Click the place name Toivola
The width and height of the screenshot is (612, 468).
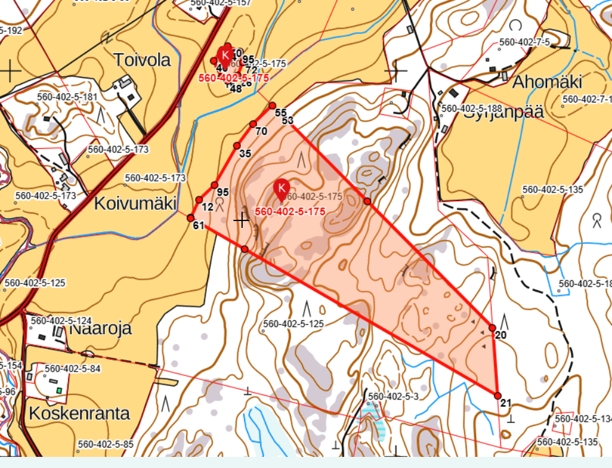tap(142, 60)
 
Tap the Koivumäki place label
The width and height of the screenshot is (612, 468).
tap(135, 203)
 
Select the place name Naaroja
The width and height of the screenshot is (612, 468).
tap(100, 328)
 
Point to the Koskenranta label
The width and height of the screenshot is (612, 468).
tap(79, 412)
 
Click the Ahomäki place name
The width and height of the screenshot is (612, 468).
tap(548, 81)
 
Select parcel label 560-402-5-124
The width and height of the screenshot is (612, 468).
tap(61, 321)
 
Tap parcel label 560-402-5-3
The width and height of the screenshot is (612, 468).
tap(393, 396)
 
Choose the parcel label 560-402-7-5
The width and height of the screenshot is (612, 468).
tap(524, 42)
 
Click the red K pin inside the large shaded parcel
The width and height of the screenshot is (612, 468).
tap(282, 188)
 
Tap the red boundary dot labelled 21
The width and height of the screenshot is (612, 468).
tap(497, 395)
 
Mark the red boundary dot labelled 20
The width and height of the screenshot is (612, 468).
tap(492, 327)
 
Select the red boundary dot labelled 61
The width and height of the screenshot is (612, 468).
tap(191, 217)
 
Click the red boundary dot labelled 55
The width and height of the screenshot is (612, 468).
tap(272, 106)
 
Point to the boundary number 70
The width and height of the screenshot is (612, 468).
tap(261, 132)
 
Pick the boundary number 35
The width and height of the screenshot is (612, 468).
tap(245, 154)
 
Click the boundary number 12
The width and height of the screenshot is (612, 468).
tap(207, 207)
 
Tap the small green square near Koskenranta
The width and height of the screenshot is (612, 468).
tap(59, 390)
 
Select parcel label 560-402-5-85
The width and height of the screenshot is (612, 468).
tap(106, 444)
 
